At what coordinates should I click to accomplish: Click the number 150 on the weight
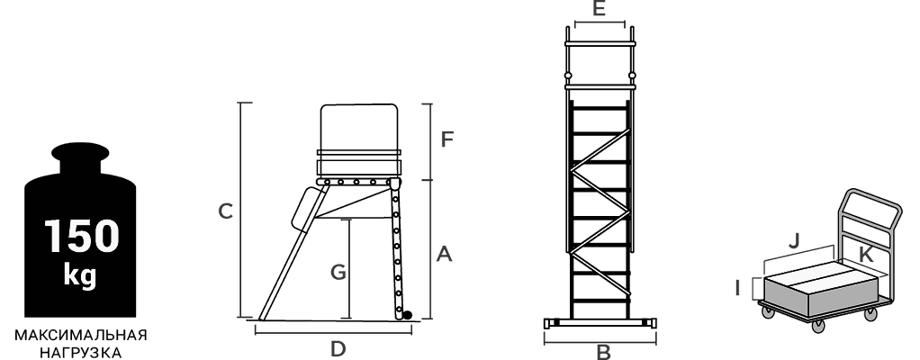82,236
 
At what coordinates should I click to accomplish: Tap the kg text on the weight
80,275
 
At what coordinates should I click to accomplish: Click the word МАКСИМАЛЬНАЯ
81,336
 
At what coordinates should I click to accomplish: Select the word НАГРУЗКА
81,353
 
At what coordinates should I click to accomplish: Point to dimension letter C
225,211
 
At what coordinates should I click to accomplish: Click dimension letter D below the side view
338,349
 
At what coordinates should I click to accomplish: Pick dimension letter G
338,273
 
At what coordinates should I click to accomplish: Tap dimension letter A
444,255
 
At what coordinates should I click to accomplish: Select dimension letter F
447,140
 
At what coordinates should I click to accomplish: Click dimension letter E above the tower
599,9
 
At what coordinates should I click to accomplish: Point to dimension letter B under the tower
603,353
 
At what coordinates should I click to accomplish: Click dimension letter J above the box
794,241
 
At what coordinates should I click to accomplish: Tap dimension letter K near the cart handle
865,255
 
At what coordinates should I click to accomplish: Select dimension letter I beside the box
738,288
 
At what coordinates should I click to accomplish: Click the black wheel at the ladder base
407,315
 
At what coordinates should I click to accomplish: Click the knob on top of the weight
80,152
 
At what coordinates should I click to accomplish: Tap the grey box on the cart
821,289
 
